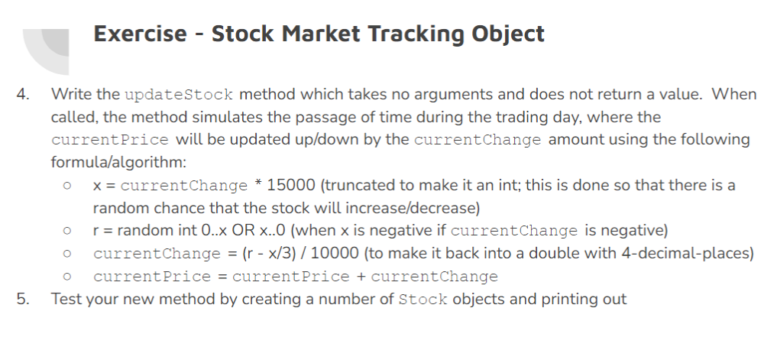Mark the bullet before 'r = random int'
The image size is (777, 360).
coord(68,231)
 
